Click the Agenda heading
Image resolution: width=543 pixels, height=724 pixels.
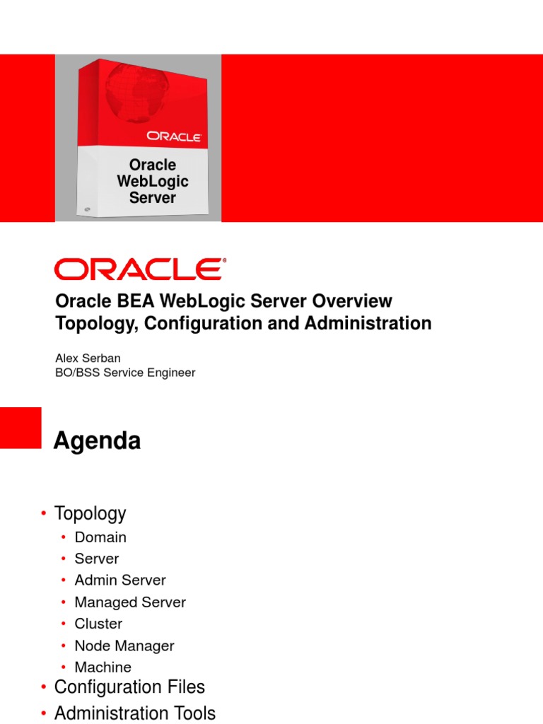pyautogui.click(x=98, y=441)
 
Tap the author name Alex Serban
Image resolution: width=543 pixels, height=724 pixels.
pyautogui.click(x=88, y=358)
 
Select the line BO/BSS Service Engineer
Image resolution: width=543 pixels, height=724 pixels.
pyautogui.click(x=125, y=373)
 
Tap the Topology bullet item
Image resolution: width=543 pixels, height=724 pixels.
pyautogui.click(x=90, y=513)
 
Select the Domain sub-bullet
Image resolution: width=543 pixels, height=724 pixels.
pyautogui.click(x=100, y=537)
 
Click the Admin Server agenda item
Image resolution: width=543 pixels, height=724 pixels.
pyautogui.click(x=120, y=580)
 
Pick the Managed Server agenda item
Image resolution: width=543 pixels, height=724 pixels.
pyautogui.click(x=130, y=602)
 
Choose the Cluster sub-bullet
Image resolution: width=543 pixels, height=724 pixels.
pyautogui.click(x=98, y=624)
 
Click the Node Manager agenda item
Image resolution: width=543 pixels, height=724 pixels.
pyautogui.click(x=124, y=646)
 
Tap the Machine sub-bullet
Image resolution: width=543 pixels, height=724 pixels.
pyautogui.click(x=103, y=667)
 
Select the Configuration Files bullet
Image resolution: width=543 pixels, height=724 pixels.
pyautogui.click(x=129, y=687)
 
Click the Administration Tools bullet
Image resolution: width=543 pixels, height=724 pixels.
pyautogui.click(x=135, y=713)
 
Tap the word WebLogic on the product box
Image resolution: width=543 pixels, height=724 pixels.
pyautogui.click(x=153, y=182)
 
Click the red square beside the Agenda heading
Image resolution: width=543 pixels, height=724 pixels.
pyautogui.click(x=21, y=428)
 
